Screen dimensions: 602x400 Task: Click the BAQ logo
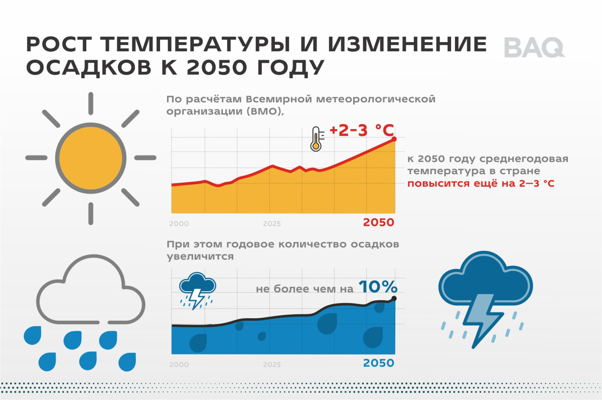tap(534, 48)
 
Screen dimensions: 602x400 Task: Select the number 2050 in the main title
tap(217, 67)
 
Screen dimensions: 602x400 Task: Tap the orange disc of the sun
tap(91, 158)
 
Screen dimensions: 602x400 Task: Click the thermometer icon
tap(317, 139)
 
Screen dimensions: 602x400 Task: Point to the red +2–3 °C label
tap(362, 130)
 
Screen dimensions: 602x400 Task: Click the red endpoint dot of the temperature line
tap(394, 139)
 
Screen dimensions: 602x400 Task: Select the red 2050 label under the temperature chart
tap(378, 222)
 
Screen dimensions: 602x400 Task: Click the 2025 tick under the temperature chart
tap(272, 224)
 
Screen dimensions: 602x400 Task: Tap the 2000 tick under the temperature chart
tap(179, 224)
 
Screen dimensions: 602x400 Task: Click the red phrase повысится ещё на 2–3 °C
tap(481, 184)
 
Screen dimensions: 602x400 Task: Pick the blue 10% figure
tap(378, 287)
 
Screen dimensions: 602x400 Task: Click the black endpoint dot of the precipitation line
tap(394, 299)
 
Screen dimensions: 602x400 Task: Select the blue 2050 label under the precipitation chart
tap(378, 363)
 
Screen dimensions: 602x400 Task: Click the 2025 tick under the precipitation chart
tap(272, 365)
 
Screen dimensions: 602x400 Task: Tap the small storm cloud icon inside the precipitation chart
tap(198, 291)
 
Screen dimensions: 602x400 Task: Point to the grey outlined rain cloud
tap(91, 289)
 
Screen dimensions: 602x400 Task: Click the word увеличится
tap(200, 256)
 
